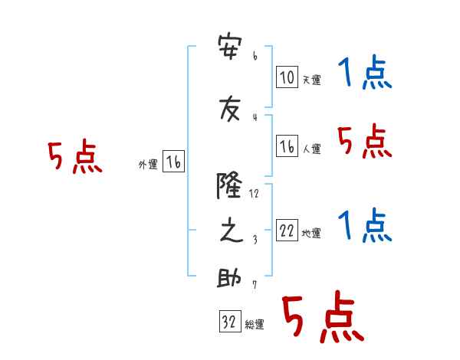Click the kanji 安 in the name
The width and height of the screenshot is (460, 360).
pos(230,47)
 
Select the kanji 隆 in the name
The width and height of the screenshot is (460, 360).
pos(229,185)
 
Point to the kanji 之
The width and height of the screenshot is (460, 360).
pos(232,231)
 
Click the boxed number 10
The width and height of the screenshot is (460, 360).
pos(287,77)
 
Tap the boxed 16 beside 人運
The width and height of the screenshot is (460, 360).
pos(287,146)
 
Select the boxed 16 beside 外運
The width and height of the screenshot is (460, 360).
pos(173,162)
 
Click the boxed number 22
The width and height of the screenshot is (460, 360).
pos(287,230)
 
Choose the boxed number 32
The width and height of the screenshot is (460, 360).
pos(230,321)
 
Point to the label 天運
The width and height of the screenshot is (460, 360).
pos(311,80)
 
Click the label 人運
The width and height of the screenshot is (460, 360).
pos(311,149)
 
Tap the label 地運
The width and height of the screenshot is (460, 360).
pos(311,233)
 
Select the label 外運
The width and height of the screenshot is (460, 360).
pos(148,165)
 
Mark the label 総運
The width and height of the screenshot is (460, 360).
pos(255,324)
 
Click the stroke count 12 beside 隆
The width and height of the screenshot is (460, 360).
pos(254,193)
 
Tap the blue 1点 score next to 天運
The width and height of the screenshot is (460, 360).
pos(365,72)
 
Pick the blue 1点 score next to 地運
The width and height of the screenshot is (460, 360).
pos(365,225)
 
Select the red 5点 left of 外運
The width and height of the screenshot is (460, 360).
pos(75,156)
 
